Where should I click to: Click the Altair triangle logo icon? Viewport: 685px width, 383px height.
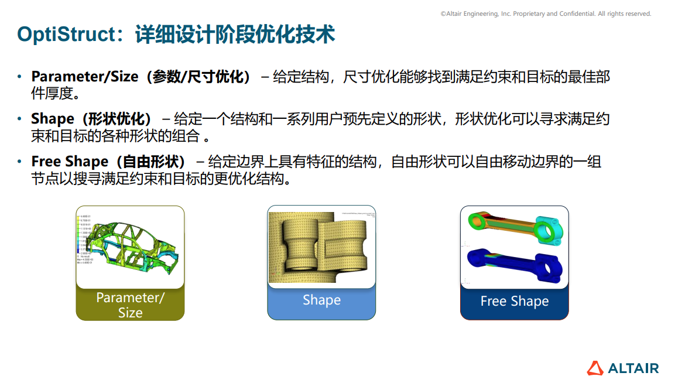point(595,368)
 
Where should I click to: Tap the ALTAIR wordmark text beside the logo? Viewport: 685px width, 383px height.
point(633,368)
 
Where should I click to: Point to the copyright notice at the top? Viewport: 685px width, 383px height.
point(545,13)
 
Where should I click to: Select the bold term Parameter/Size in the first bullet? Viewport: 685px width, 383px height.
point(85,77)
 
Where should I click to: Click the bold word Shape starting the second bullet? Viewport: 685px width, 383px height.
point(53,119)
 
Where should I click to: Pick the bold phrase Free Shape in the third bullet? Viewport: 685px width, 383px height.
point(70,162)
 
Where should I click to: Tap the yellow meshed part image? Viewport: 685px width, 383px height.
point(321,246)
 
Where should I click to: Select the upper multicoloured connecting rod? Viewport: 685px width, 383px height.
point(515,227)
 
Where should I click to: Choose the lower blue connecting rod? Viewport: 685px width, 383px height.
point(515,265)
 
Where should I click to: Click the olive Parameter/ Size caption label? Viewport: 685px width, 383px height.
point(130,305)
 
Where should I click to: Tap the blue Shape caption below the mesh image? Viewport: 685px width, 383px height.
point(321,300)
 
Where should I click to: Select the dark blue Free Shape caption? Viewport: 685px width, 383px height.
point(514,302)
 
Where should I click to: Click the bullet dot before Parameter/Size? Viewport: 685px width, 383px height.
point(19,77)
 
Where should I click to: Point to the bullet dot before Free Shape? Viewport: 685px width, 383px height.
point(19,162)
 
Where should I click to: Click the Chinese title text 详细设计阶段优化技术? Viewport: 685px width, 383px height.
point(235,34)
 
